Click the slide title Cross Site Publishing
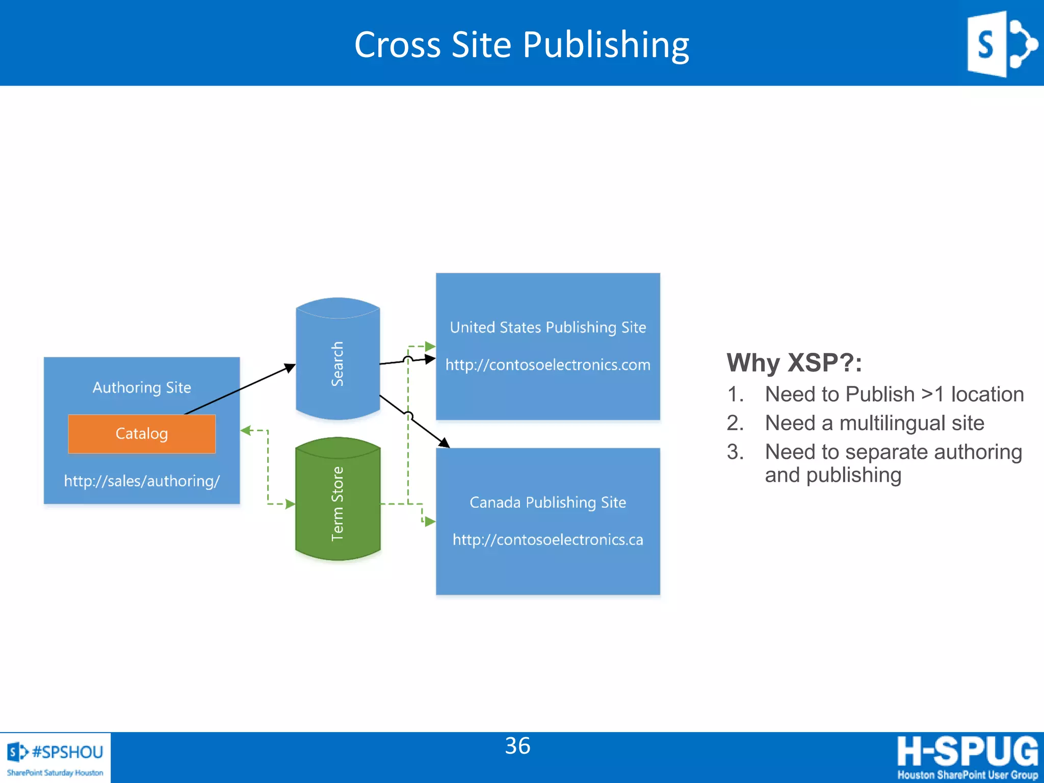521,45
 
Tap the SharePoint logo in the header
1001,44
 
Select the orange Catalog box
142,434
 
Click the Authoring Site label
142,387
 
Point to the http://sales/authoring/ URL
142,481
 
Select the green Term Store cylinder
337,502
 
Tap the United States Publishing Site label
548,327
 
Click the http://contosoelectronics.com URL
548,365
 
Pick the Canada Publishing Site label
548,503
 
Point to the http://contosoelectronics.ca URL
548,540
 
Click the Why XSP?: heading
794,363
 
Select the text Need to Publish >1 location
894,394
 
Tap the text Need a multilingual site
874,423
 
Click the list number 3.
735,452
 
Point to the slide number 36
517,746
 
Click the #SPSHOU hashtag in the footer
67,752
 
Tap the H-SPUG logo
967,757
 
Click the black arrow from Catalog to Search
240,389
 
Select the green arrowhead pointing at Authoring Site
246,431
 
